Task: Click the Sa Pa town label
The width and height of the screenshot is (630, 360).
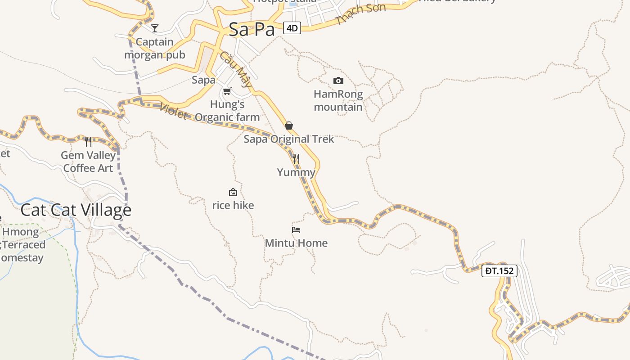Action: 251,30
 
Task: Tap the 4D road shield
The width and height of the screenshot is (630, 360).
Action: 292,28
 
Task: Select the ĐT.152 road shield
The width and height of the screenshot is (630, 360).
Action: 499,271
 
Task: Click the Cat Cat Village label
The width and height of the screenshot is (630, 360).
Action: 76,210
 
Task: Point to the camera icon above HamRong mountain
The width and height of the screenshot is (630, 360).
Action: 338,81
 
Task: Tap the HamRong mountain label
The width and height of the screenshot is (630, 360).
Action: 338,101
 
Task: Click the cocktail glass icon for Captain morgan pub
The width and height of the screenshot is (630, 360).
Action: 155,28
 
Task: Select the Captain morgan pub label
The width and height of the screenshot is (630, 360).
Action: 155,49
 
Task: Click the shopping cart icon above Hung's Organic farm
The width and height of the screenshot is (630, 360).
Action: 227,91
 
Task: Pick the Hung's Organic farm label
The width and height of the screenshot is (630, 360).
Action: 227,111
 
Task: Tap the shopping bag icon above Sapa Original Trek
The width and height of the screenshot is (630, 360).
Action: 289,126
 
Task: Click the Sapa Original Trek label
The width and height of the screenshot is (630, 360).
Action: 289,139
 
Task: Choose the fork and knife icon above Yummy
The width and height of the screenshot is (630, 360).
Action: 296,159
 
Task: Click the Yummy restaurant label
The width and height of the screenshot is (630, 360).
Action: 296,172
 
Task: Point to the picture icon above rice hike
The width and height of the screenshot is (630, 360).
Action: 233,192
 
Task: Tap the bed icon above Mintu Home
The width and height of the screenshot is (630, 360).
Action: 296,229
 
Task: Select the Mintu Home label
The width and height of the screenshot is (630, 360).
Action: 296,243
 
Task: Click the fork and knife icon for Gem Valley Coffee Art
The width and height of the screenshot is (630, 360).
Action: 88,142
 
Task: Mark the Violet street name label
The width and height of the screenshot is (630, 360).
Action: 173,111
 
